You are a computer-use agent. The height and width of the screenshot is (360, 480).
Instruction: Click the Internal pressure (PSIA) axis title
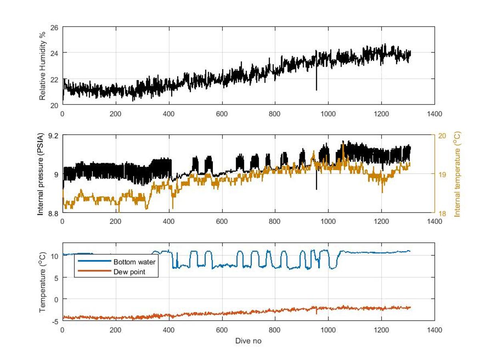[x=41, y=174]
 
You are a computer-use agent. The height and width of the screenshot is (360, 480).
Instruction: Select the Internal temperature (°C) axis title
[x=457, y=174]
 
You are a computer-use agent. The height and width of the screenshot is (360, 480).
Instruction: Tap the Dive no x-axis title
[x=248, y=341]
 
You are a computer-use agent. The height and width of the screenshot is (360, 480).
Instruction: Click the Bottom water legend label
[x=134, y=262]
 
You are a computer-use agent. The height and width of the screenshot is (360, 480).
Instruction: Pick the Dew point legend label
[x=129, y=272]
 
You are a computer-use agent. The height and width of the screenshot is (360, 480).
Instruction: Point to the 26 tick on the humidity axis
[x=54, y=27]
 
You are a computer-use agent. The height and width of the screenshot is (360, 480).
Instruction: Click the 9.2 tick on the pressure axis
[x=53, y=135]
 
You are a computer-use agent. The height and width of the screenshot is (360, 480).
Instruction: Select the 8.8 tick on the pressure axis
[x=53, y=213]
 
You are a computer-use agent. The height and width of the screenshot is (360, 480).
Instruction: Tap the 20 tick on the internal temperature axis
[x=442, y=135]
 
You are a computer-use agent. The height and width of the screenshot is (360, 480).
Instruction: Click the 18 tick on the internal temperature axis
[x=442, y=213]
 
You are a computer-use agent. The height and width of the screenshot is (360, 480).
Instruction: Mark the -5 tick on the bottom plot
[x=55, y=321]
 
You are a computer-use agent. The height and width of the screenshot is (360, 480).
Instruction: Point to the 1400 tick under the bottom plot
[x=434, y=330]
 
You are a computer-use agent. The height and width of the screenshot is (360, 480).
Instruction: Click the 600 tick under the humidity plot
[x=222, y=114]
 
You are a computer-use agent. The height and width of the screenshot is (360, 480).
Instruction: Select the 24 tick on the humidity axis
[x=54, y=53]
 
